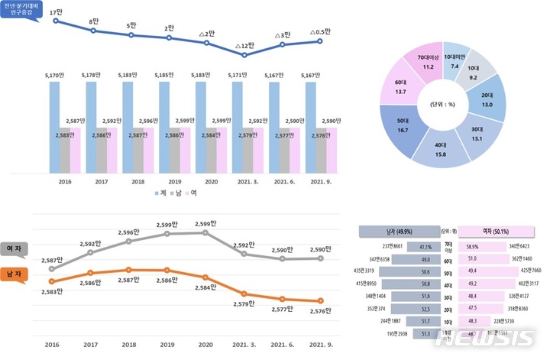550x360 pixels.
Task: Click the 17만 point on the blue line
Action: [56, 21]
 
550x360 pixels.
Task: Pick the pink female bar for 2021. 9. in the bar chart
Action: [331, 149]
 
